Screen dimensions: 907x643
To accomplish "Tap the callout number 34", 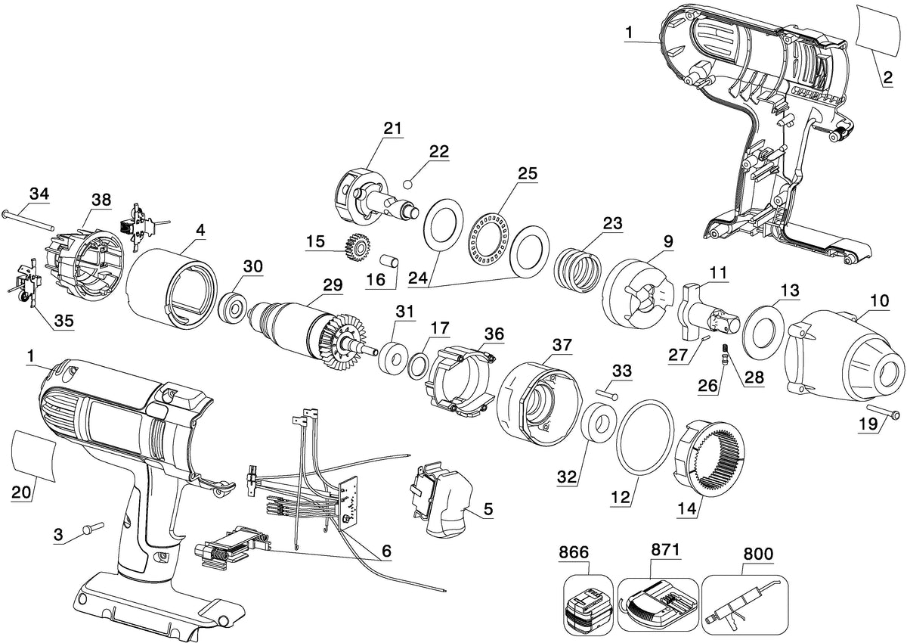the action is (x=39, y=193).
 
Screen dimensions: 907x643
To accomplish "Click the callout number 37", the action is (x=562, y=345).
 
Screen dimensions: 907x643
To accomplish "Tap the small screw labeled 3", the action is (x=93, y=528).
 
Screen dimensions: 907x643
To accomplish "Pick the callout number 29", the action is (x=333, y=285).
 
